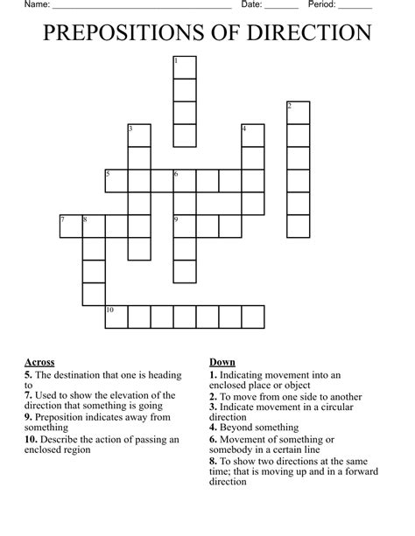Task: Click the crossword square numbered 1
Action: pos(184,67)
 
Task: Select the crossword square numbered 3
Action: pos(139,136)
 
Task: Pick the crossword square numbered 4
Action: pos(253,136)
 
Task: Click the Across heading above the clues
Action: pos(39,362)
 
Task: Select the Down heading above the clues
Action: pos(222,362)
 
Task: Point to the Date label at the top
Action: pos(252,5)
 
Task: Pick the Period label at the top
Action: pos(322,5)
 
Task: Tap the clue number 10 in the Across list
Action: pos(31,439)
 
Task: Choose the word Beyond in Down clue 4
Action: pos(236,428)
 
